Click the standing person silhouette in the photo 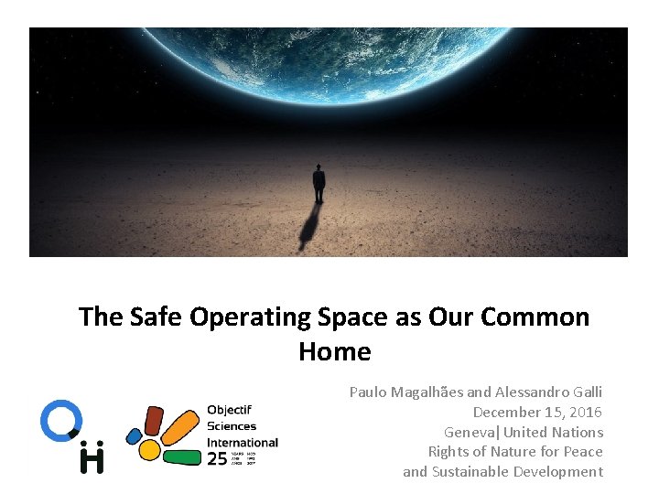[319, 183]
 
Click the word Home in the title [334, 351]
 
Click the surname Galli [584, 392]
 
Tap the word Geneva [468, 432]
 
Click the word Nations [578, 432]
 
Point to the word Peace [583, 451]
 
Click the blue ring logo [61, 419]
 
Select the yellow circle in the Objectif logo [149, 449]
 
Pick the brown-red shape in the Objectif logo [154, 420]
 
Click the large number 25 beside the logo [217, 458]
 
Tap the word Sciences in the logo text [232, 425]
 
